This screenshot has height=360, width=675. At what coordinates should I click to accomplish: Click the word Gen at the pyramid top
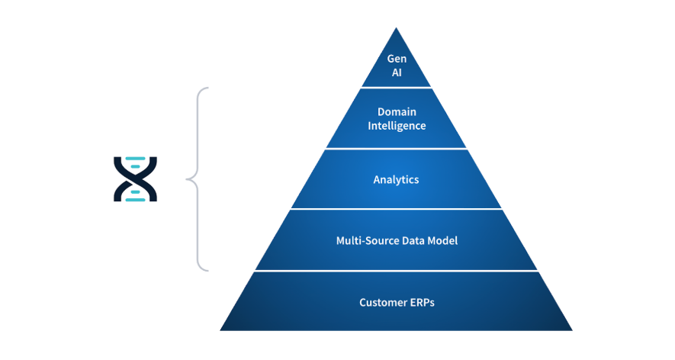tap(396, 59)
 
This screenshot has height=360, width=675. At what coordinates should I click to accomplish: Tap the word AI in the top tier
tap(396, 73)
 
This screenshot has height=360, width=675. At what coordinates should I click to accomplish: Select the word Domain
tap(396, 111)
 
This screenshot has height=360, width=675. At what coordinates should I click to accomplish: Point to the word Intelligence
tap(396, 125)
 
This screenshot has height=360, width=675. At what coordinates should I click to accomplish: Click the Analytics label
tap(396, 180)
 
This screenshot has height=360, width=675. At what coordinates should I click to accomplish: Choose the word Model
tap(443, 241)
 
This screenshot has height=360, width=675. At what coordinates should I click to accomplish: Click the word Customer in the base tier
tap(384, 302)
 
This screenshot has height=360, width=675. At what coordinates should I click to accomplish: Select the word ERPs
tap(421, 302)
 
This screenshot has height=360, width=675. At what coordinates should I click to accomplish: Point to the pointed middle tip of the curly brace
tap(187, 180)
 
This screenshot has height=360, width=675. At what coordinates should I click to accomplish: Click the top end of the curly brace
tap(207, 88)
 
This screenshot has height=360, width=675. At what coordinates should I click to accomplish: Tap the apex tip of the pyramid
tap(396, 28)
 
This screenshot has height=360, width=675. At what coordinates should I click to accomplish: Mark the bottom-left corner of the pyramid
tap(220, 330)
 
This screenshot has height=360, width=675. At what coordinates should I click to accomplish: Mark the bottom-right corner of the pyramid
tap(572, 330)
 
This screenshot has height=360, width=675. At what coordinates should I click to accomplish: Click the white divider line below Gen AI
tap(396, 88)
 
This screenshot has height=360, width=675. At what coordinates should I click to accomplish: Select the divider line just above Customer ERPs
tap(396, 271)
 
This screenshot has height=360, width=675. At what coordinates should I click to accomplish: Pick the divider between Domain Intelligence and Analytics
tap(396, 149)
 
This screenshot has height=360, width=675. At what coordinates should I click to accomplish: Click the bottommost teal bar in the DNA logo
tap(135, 199)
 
